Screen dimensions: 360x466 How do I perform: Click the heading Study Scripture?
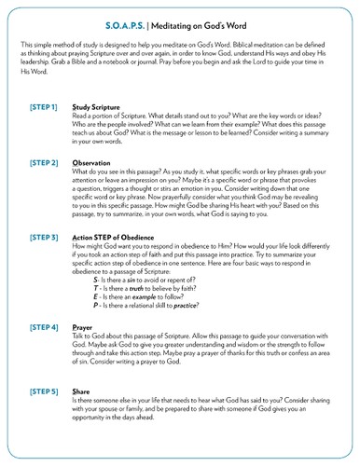pos(116,108)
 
